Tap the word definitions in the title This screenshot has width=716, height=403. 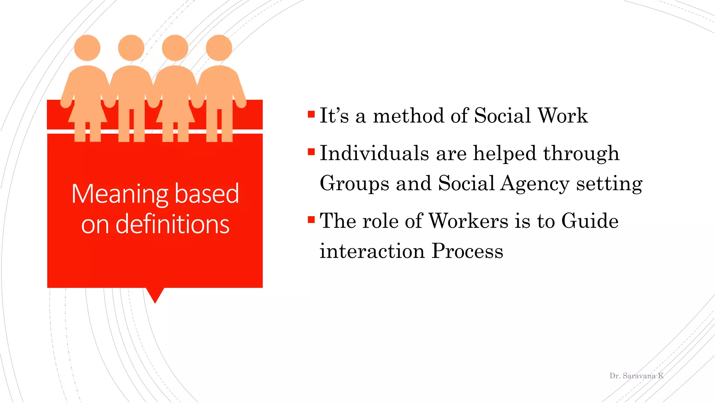172,224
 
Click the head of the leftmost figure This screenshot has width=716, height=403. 87,48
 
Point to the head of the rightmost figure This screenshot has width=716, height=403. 219,48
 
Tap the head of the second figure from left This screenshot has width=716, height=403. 131,48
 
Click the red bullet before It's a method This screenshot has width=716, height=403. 311,114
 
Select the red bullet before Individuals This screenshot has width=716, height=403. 311,152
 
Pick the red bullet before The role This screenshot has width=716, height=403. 311,220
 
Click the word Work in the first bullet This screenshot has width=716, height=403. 563,116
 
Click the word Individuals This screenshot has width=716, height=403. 374,153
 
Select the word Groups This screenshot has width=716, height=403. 354,184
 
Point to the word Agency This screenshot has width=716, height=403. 535,184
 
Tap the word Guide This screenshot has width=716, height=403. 590,221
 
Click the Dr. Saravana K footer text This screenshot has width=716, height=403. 636,376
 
